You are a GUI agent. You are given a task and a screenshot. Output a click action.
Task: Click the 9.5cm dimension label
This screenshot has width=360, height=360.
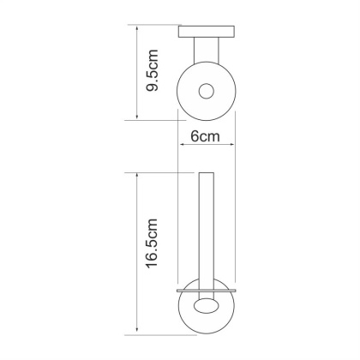(x=152, y=70)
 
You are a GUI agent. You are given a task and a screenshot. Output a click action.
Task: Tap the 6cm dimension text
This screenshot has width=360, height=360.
(x=205, y=136)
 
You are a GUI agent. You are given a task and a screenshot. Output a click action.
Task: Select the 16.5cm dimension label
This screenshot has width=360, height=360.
(x=152, y=243)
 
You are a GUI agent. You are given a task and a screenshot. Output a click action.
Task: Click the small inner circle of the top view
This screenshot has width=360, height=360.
(x=207, y=91)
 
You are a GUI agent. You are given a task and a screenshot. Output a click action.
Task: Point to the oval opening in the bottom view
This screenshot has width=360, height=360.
(x=205, y=305)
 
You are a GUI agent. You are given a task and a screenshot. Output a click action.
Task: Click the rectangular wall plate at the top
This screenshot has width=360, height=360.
(x=207, y=32)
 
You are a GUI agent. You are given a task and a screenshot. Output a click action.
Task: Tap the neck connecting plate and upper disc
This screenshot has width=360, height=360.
(x=207, y=51)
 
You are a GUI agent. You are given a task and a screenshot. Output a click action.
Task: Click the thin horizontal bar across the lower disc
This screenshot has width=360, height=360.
(x=207, y=291)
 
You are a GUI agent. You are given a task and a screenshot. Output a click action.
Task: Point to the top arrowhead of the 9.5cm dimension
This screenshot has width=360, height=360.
(x=137, y=28)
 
